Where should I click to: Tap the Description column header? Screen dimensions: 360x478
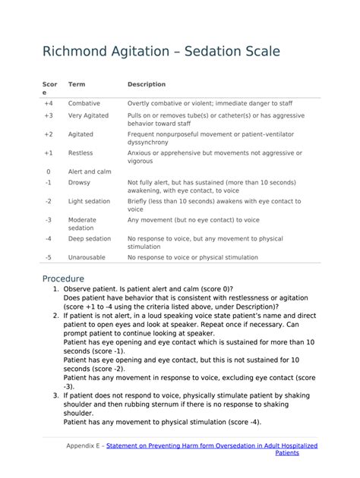click(147, 84)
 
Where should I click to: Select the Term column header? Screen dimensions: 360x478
click(76, 84)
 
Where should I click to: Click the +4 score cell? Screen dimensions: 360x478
click(49, 103)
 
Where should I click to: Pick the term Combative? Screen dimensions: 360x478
click(84, 103)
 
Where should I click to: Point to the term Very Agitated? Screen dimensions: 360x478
click(88, 116)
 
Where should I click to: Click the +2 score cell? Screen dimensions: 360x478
click(49, 134)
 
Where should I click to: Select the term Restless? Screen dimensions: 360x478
click(81, 153)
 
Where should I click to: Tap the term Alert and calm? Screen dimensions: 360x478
click(90, 171)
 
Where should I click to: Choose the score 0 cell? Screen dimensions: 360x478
click(49, 171)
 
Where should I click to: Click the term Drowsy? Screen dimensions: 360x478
click(79, 183)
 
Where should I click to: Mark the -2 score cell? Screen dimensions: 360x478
click(48, 202)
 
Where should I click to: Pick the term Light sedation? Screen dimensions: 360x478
click(89, 202)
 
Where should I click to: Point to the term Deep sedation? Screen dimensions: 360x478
click(89, 239)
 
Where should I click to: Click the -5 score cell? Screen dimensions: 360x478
click(48, 258)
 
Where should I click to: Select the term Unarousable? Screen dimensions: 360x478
click(87, 258)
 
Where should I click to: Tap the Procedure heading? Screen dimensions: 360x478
click(63, 278)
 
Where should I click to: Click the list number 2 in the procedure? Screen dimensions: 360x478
click(55, 314)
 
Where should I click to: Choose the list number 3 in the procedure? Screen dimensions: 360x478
click(55, 395)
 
